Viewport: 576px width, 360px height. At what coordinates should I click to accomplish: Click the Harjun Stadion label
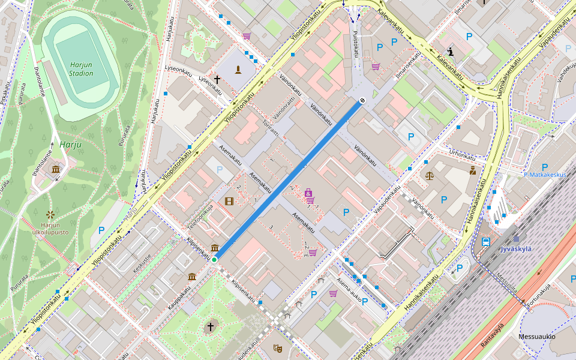[81, 68]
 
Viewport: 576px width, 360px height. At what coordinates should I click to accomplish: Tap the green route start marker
[214, 259]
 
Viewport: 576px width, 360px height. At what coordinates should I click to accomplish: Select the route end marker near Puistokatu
[362, 101]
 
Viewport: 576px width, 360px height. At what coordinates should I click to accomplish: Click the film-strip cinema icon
[229, 200]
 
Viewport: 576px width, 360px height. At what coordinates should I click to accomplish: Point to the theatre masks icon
[277, 347]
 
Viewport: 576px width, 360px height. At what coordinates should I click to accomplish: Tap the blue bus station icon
[485, 242]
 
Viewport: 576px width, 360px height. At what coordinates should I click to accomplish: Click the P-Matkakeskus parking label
[545, 175]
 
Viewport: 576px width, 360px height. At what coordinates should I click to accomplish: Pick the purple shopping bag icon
[308, 193]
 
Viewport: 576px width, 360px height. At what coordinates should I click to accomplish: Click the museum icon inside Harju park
[56, 170]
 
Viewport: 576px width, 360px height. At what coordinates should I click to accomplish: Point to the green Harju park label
[70, 144]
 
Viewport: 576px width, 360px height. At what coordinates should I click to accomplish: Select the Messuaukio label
[537, 337]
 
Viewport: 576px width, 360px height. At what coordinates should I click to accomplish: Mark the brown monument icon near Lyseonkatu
[239, 70]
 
